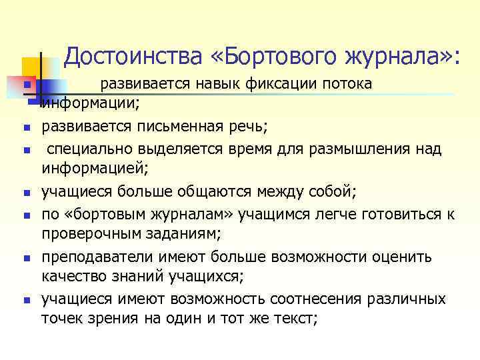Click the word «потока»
347,84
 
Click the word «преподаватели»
91,256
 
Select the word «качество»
73,277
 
